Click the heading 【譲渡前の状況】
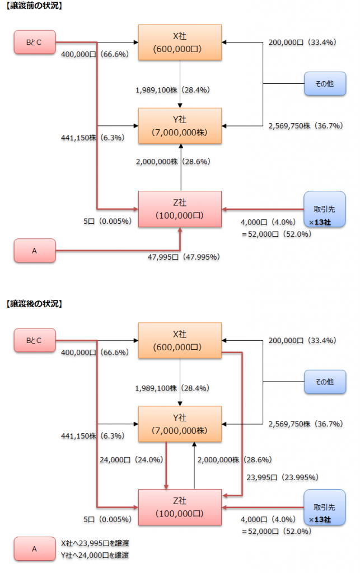point(33,7)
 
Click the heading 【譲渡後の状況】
point(33,304)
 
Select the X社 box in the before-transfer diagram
point(180,42)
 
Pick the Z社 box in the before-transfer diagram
point(180,209)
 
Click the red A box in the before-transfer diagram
point(35,251)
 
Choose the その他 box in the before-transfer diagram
point(324,83)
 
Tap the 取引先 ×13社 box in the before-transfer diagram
point(324,209)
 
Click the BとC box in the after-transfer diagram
point(35,340)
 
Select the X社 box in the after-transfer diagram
point(180,340)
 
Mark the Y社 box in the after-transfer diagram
point(180,424)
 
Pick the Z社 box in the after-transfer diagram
point(180,506)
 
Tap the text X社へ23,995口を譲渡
point(95,543)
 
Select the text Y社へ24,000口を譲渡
point(95,555)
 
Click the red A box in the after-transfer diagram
point(35,549)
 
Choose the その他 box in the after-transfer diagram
point(324,382)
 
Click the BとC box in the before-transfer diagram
point(35,42)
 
